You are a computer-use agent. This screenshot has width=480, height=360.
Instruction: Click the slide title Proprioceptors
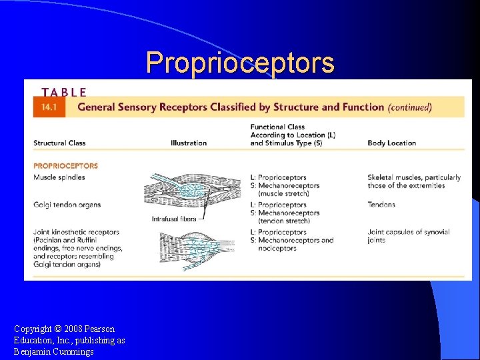[x=240, y=63]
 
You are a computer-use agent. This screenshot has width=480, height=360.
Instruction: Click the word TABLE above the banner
[x=64, y=93]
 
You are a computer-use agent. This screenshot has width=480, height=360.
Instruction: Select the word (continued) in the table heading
[x=410, y=107]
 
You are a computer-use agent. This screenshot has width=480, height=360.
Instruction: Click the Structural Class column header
[x=59, y=143]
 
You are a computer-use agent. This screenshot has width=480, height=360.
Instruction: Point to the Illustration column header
[x=189, y=143]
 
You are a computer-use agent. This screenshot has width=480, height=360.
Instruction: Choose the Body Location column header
[x=391, y=143]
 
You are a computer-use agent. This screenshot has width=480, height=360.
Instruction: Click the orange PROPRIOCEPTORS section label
[x=65, y=166]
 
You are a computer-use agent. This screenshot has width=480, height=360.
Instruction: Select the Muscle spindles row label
[x=59, y=177]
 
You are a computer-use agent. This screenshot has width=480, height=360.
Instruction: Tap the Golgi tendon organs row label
[x=67, y=205]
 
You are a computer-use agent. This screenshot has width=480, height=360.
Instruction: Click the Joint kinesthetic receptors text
[x=76, y=232]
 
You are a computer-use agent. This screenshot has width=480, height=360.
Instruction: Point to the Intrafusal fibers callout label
[x=175, y=218]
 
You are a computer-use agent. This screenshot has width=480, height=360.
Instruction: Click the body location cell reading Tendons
[x=381, y=205]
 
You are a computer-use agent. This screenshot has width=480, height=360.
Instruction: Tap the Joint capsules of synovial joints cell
[x=408, y=236]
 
